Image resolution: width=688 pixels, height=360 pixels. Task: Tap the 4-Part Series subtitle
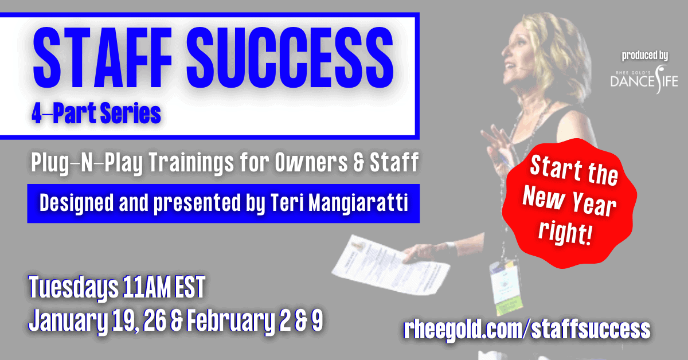point(96,113)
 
